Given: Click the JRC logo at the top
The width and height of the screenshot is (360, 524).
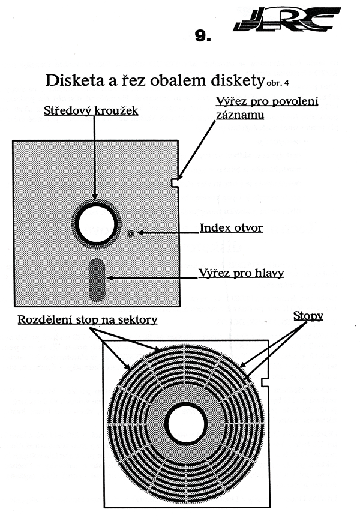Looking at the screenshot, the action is [x=287, y=19].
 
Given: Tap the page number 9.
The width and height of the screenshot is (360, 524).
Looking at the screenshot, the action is [x=203, y=36].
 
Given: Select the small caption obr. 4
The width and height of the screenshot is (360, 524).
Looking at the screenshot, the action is [x=278, y=83].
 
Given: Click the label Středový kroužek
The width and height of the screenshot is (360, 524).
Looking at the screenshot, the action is [x=91, y=111].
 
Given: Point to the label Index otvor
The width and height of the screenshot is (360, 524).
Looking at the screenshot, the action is [x=231, y=228].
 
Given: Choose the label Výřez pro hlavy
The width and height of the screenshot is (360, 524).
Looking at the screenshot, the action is [x=241, y=273].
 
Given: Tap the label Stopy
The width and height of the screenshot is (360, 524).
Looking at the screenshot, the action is [x=308, y=316].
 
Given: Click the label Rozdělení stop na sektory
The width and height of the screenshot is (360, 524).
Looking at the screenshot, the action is [x=88, y=319].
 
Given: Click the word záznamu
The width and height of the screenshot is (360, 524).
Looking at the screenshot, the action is [x=240, y=115].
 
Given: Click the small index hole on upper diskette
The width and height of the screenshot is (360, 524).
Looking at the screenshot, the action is [x=131, y=233].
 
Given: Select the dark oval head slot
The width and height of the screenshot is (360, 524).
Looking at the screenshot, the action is [x=97, y=280].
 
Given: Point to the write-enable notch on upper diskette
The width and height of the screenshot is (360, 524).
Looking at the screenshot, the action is [x=175, y=183].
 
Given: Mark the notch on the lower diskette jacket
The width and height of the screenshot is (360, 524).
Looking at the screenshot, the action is [x=265, y=382].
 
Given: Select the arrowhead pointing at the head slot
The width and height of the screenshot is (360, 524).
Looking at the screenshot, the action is [x=110, y=277].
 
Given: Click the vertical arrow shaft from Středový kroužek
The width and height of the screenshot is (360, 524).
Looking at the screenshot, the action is [x=95, y=158].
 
